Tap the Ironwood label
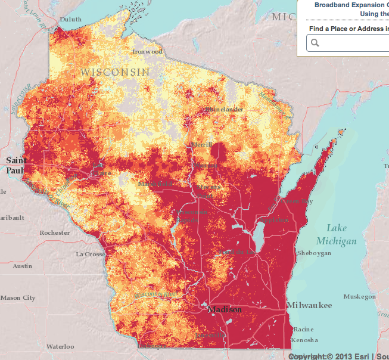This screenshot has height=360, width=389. pos(147,52)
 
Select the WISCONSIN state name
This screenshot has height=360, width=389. pos(115,72)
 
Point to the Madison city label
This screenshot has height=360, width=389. pos(225,310)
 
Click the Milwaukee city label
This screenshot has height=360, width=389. pos(309,305)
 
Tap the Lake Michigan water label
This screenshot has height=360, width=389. pos(341,234)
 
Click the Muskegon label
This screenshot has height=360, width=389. pos(360,296)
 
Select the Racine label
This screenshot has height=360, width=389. pos(303,329)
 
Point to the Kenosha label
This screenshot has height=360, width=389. pos(305,340)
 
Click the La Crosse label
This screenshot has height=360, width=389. pos(91,254)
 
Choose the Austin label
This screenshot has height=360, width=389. pos(23,266)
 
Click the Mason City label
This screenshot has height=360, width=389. pos(18,297)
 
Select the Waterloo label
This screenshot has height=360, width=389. pos(60,346)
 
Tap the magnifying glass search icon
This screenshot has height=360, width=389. pos(315,42)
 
